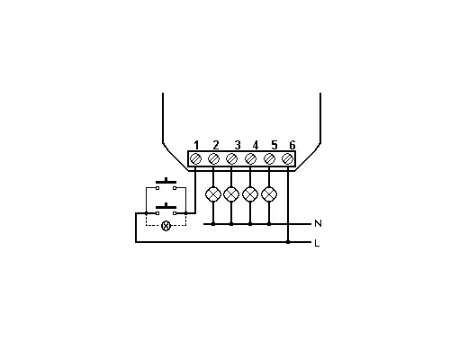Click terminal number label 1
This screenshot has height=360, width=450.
coord(196,145)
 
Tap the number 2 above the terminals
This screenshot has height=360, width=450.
coord(216,145)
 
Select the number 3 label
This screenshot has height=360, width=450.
coord(238,145)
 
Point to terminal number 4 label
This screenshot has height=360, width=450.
coord(256,145)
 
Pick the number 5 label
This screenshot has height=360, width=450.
coord(274,145)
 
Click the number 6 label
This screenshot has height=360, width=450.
coord(292,145)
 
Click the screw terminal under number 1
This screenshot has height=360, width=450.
coord(196,158)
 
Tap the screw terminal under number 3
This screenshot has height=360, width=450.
coord(231,158)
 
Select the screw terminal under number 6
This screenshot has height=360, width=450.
coord(287,158)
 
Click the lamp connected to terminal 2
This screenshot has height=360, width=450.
coord(213,194)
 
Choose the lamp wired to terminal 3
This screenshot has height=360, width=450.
coord(231,194)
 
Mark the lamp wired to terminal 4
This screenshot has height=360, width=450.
coord(250,194)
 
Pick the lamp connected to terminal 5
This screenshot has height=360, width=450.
coord(269,194)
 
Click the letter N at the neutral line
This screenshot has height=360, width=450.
coord(318,223)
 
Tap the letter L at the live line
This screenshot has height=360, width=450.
coord(317,243)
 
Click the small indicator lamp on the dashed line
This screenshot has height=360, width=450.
coord(166,226)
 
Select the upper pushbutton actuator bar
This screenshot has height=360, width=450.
coord(166,181)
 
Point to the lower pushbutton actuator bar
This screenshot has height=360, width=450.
coord(166,206)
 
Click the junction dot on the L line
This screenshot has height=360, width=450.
coord(288,242)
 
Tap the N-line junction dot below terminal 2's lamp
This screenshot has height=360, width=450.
coord(213,224)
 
